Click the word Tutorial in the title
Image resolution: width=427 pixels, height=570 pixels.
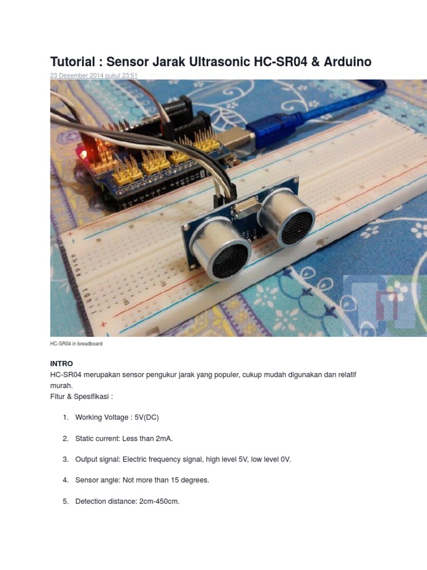[x=72, y=62]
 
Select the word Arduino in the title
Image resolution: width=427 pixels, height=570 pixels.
[x=345, y=62]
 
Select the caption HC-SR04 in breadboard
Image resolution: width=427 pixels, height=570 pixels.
[x=76, y=344]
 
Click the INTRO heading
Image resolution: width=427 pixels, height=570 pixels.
[x=61, y=363]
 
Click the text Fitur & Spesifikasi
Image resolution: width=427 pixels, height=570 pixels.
[x=81, y=396]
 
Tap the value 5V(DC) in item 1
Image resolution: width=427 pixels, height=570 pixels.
[x=147, y=417]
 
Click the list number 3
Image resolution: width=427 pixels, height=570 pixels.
[x=65, y=459]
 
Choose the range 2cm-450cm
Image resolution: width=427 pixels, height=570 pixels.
[x=155, y=502]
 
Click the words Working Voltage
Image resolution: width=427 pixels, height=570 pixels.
[x=101, y=417]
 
